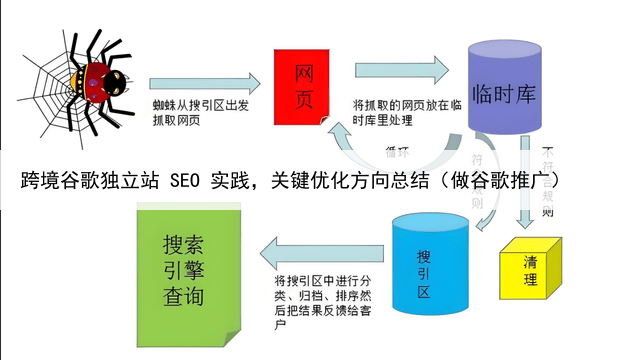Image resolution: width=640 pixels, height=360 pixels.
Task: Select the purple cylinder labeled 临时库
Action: (x=500, y=95)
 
